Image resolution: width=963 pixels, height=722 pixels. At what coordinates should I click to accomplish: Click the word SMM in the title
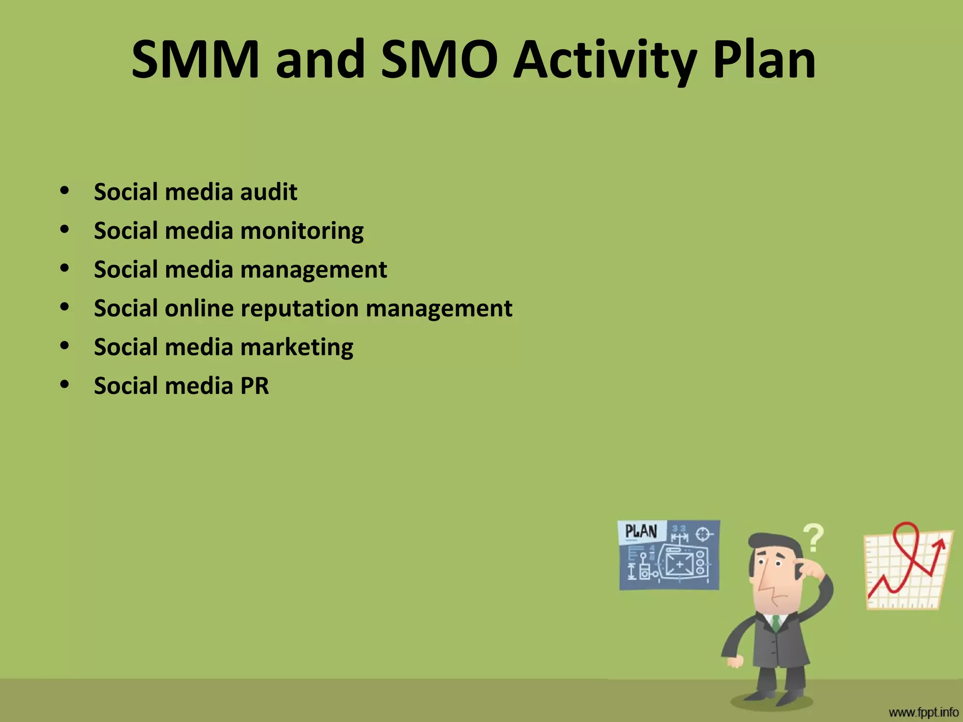coord(195,60)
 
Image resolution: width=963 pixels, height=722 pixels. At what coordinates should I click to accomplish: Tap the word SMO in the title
coord(439,60)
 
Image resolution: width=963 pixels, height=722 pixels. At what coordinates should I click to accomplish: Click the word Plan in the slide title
coord(764,60)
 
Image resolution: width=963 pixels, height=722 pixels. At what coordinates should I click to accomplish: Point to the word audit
coord(268,192)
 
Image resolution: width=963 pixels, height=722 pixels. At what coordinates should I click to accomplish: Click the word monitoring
coord(302,231)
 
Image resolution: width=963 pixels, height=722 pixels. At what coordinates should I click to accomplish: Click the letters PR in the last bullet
coord(254,386)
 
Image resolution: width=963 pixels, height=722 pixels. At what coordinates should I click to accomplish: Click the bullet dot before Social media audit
coord(65,190)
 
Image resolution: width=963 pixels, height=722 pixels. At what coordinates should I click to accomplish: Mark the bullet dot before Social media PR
coord(65,384)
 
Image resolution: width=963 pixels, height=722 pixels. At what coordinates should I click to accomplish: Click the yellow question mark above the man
coord(813,537)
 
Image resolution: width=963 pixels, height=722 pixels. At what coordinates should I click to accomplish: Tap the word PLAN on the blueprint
coord(641,531)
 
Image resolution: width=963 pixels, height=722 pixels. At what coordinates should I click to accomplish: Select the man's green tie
coord(776,622)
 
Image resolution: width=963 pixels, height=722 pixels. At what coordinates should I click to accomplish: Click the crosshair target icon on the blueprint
coord(703,534)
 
